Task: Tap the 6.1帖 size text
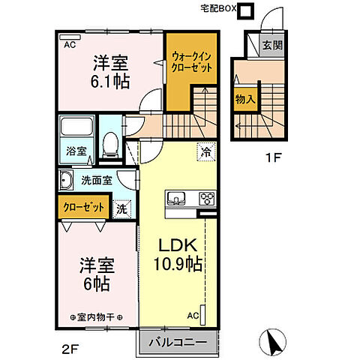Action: (109, 81)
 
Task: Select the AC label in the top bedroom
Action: (69, 44)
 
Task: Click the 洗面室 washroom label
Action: (95, 179)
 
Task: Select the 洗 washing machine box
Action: (121, 209)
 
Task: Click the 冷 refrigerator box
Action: (205, 151)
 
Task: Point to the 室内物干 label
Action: (97, 317)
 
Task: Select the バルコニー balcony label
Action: (177, 343)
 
